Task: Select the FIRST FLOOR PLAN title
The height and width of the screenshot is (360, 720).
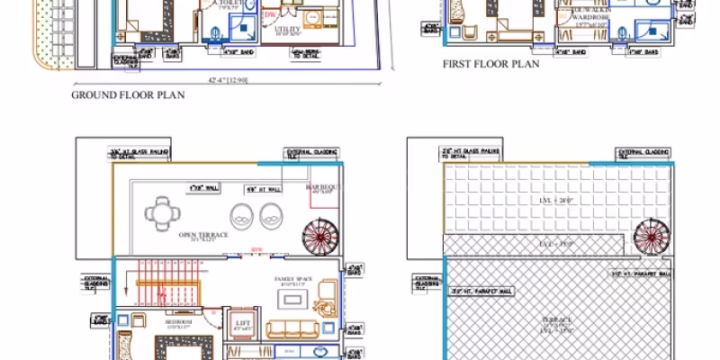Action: coord(490,65)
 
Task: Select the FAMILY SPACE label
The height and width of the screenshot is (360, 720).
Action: coord(292,280)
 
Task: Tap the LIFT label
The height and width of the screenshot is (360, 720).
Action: coord(241,322)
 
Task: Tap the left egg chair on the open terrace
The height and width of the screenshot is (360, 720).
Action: coord(242,216)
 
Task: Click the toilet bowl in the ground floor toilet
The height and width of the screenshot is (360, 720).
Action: coord(215,34)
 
